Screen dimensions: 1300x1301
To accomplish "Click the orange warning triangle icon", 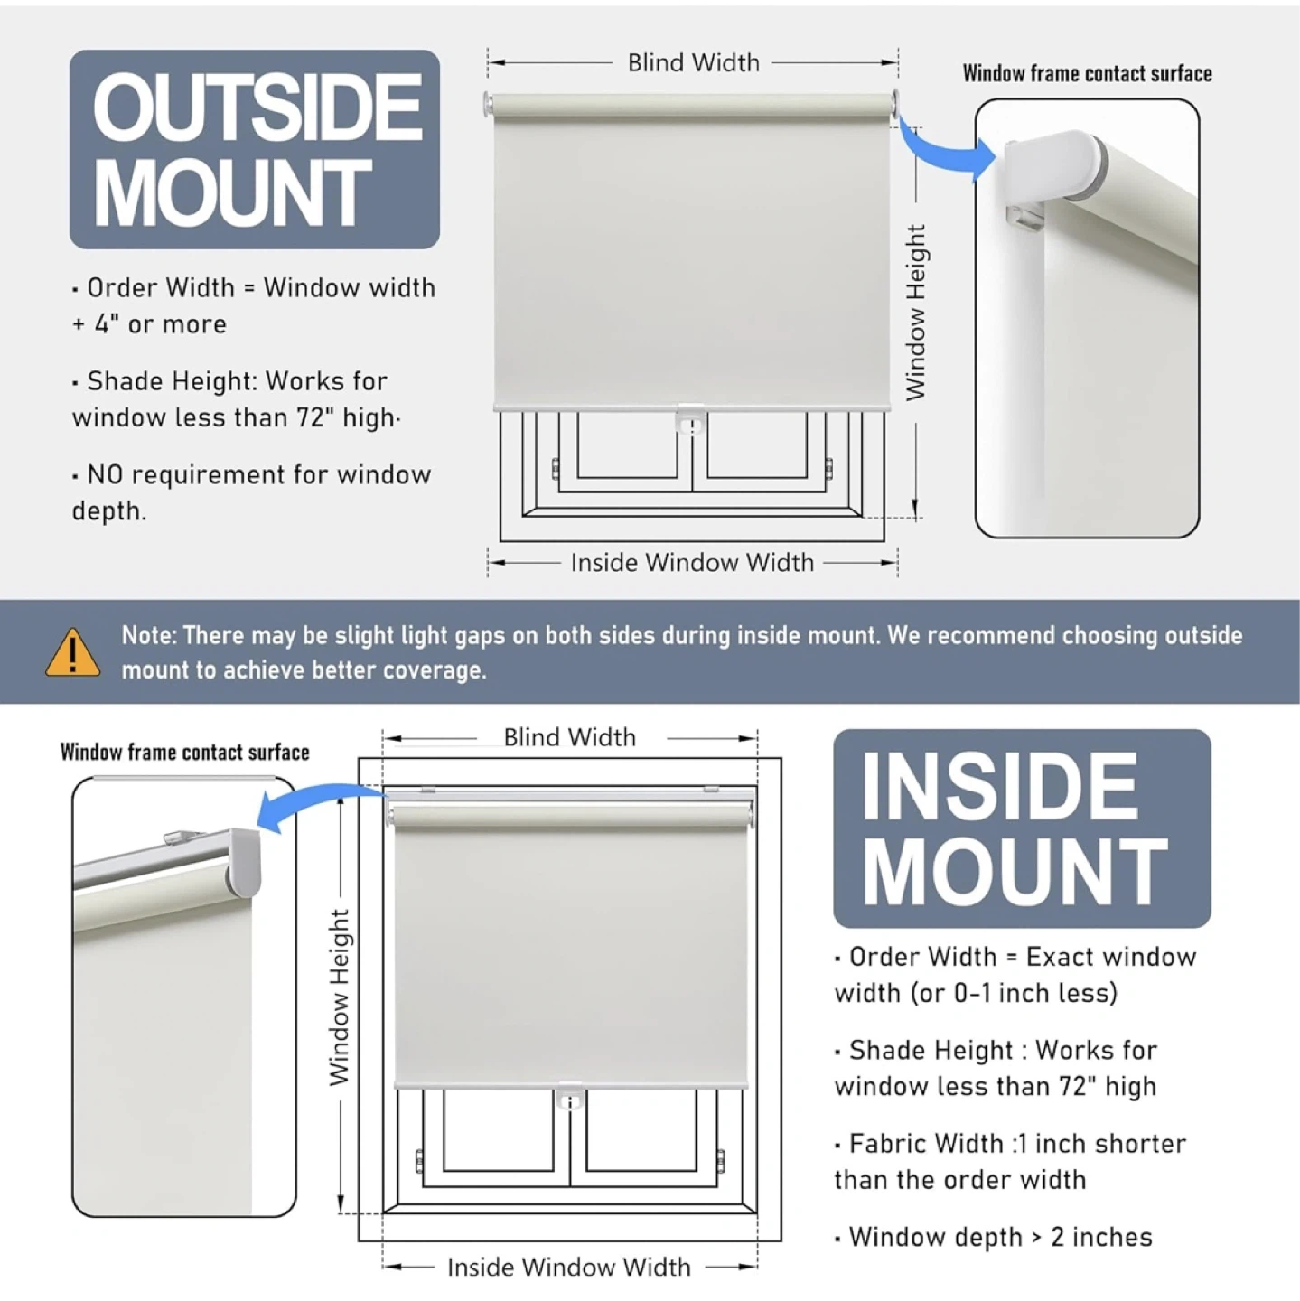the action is pos(72,653).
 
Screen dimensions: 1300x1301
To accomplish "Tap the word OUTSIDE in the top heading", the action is pos(257,106).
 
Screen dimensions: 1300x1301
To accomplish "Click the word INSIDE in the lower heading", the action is pos(999,787).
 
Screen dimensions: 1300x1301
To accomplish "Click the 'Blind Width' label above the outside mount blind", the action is pos(694,62).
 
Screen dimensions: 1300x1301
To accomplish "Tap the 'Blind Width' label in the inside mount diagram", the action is pos(569,737).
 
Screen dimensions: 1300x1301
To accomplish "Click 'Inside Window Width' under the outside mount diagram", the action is pos(692,562).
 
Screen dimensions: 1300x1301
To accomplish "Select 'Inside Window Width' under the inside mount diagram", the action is pos(568,1268).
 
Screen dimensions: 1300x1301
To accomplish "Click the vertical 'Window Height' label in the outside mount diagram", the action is pos(916,313).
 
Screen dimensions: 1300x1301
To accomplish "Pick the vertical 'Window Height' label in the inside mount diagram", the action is pos(339,997).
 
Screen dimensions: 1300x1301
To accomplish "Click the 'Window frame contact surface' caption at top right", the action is pos(1088,73).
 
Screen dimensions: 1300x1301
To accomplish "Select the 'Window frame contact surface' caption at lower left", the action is pos(185,752).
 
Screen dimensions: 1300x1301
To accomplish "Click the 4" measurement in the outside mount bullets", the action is pos(102,324).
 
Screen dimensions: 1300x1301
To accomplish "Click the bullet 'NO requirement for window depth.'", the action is pos(252,493).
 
